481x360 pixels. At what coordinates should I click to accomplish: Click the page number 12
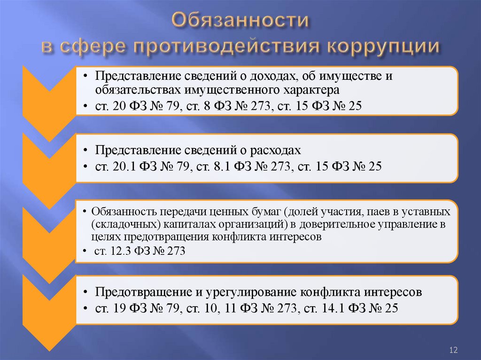pos(453,350)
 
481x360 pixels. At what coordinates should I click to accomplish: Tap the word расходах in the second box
pos(273,150)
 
